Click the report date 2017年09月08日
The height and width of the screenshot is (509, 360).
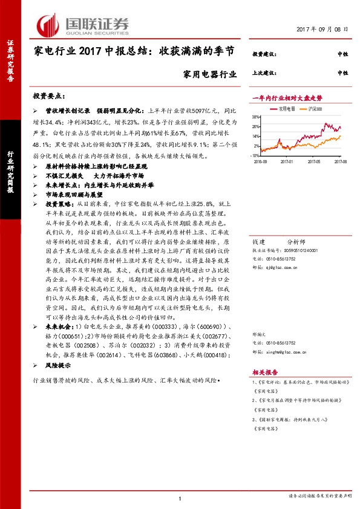point(324,29)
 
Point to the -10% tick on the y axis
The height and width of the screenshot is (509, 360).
point(255,155)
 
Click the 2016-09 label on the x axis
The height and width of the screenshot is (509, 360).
point(261,161)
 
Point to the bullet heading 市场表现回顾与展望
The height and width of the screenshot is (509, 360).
point(76,195)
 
